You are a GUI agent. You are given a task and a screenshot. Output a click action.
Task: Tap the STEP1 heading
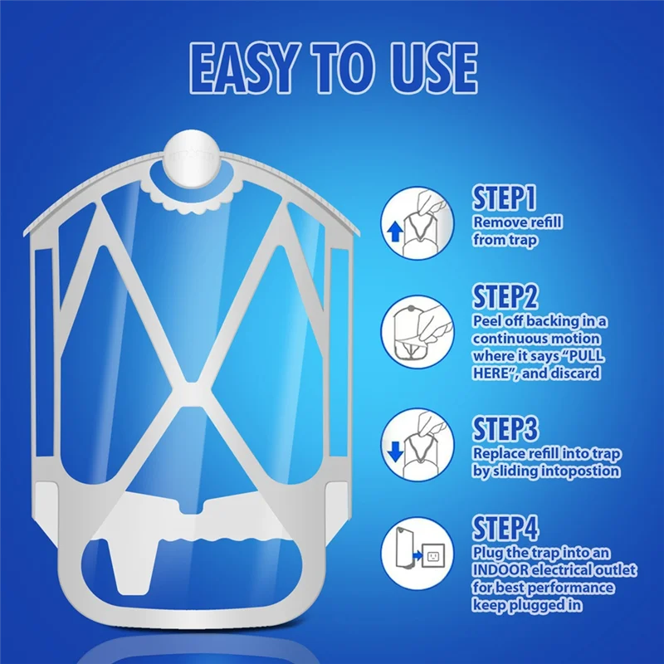[x=504, y=198]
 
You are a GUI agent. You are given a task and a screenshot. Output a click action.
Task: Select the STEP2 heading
[x=505, y=297]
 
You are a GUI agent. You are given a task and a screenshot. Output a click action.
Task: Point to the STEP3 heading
[x=505, y=429]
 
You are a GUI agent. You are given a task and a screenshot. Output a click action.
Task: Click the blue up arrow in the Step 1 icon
[x=394, y=231]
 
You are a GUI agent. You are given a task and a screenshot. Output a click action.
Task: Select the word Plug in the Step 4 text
[x=488, y=553]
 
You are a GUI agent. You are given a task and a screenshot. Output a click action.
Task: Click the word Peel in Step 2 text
[x=488, y=321]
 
